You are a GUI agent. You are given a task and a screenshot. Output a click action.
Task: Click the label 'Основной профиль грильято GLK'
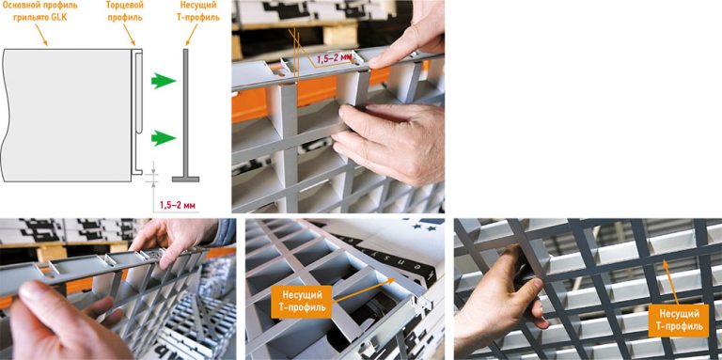pos(39,12)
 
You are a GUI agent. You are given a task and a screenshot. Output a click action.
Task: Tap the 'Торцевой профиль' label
pos(124,11)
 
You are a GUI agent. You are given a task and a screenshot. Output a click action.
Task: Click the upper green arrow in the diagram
pos(164,81)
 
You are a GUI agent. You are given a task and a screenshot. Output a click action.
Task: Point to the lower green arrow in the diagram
pos(164,137)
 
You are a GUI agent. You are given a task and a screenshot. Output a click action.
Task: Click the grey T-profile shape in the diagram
pos(185,115)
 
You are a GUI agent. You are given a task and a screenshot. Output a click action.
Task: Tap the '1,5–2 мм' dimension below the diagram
pos(178,205)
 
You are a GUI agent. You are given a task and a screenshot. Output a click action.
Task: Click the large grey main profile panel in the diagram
pos(67,115)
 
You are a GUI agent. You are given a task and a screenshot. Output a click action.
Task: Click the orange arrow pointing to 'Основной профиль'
pos(40,36)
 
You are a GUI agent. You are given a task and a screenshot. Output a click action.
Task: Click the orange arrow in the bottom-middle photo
pos(363,290)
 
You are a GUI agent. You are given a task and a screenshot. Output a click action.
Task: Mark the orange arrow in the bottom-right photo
pos(670,282)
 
